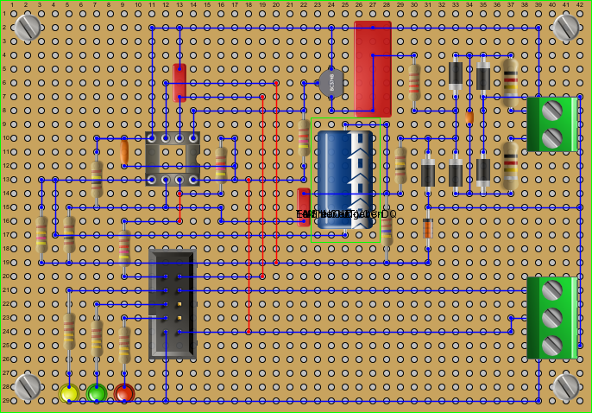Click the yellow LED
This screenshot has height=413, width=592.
[x=69, y=393]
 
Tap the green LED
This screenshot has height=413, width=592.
[x=97, y=393]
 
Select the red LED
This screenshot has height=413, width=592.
[x=124, y=393]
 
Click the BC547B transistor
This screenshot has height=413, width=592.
[x=331, y=83]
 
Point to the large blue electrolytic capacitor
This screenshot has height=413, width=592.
[x=345, y=179]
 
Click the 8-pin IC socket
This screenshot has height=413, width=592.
[x=172, y=159]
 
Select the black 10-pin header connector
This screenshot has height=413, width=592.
[x=173, y=304]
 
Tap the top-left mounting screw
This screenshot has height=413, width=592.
[x=28, y=27]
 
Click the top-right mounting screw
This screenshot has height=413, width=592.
[x=566, y=27]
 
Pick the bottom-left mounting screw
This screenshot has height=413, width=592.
[x=28, y=386]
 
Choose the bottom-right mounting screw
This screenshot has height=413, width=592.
[x=566, y=386]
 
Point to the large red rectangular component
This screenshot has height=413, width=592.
[x=373, y=69]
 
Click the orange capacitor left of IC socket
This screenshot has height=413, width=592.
[x=124, y=152]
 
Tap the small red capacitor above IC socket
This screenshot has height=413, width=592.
[x=179, y=83]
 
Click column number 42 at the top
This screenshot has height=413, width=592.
[x=580, y=5]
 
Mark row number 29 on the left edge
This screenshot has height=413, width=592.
[x=5, y=400]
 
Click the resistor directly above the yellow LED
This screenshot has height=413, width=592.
[x=69, y=330]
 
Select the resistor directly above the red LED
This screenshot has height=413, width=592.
[x=124, y=343]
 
